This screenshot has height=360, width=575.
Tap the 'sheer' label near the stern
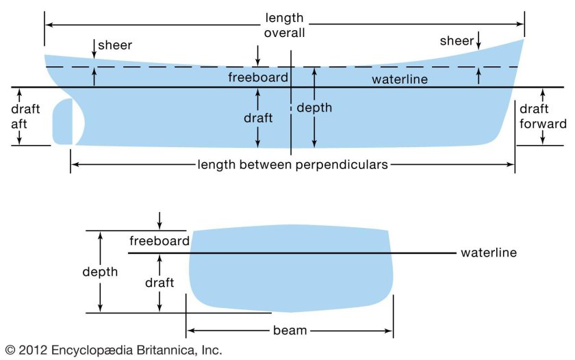coord(114,46)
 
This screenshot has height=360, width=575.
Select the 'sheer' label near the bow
coord(456,42)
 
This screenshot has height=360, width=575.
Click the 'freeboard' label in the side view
coord(258,78)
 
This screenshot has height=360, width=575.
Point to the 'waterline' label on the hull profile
coord(400,80)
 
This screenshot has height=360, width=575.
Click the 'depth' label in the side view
coord(314,107)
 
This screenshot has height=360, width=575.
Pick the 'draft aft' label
coord(26,117)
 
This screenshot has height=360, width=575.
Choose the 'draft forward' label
coord(544,117)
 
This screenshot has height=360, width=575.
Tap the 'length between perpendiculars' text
coord(293,164)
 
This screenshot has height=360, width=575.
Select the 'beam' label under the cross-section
coord(290,331)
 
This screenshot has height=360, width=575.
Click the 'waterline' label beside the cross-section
coord(488,253)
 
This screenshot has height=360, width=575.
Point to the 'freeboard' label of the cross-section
coord(159,241)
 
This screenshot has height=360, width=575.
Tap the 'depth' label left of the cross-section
coord(100,272)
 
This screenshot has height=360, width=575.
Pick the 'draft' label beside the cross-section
coord(159,282)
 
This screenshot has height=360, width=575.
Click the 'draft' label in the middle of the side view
coord(258,118)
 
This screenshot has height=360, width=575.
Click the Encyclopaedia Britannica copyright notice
coord(113,350)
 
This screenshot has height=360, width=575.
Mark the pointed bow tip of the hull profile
coord(524,39)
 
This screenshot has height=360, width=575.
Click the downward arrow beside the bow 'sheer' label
coord(478,42)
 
